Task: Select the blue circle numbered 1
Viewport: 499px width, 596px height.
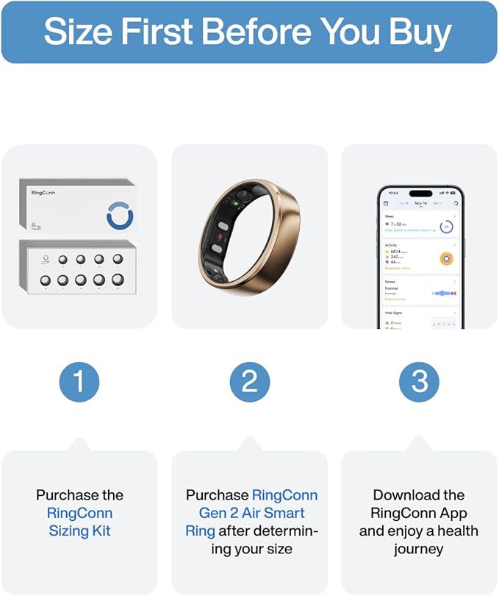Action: click(79, 381)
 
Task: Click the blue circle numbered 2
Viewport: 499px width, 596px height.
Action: click(249, 381)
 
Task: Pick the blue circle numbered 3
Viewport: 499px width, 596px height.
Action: click(419, 381)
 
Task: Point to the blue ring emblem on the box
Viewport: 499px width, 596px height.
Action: click(121, 215)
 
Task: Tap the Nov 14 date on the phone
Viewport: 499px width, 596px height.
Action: click(420, 203)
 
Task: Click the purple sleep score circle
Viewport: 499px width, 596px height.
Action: click(446, 227)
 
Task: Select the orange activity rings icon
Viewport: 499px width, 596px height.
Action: click(446, 258)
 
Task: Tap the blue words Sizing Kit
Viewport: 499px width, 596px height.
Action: click(79, 531)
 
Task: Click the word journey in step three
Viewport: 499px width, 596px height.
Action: click(419, 549)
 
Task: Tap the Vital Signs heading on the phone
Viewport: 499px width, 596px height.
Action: click(394, 313)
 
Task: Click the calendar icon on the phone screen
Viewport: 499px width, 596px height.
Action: click(386, 203)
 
